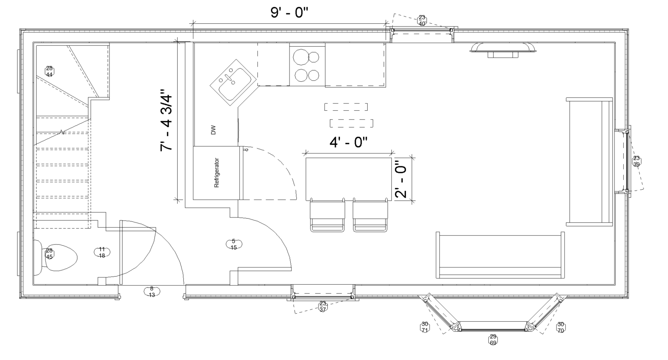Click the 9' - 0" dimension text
point(289,13)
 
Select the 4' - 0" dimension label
point(348,142)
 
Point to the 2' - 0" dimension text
point(401,180)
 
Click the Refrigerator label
point(217,173)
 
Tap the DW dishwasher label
point(213,130)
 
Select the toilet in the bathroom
point(56,258)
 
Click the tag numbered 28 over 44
point(50,71)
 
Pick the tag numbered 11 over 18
point(102,252)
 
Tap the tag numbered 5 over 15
point(234,244)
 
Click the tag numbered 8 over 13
point(152,292)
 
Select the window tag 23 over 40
point(422,21)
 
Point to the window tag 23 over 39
point(636,161)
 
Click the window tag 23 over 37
point(323,306)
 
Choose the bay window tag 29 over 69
point(493,340)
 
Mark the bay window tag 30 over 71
point(425,327)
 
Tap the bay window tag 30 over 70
point(560,327)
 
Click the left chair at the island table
point(327,215)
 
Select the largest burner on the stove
point(301,57)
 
